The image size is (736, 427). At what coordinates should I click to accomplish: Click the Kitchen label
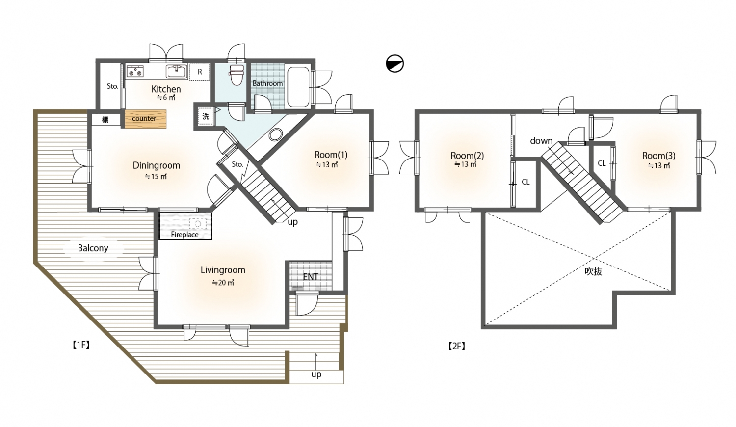click(x=166, y=89)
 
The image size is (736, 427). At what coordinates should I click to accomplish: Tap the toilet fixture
click(x=236, y=75)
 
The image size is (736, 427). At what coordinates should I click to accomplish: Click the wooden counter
click(x=146, y=119)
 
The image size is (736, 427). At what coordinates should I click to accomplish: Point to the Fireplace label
click(x=184, y=235)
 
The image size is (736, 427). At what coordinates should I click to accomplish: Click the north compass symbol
click(x=394, y=63)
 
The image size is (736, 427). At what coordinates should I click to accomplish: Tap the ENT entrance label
click(x=311, y=277)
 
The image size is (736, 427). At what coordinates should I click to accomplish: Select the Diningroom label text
click(x=157, y=165)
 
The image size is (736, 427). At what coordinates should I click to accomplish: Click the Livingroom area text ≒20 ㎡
click(x=223, y=283)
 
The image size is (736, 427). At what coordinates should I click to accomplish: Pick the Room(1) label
click(x=331, y=155)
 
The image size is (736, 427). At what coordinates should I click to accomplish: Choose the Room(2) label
click(x=467, y=156)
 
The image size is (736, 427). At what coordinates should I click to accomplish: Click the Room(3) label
click(x=659, y=156)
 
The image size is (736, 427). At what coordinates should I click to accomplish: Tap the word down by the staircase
click(x=541, y=141)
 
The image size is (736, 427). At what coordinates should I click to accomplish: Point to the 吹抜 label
click(x=593, y=271)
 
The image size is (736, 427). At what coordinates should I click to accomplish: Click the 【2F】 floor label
click(x=457, y=346)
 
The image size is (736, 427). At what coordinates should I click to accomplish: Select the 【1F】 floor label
click(x=81, y=345)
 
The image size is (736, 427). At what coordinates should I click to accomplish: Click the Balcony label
click(x=93, y=248)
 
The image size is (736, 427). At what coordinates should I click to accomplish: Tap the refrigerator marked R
click(x=199, y=72)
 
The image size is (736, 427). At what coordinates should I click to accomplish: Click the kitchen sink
click(x=177, y=72)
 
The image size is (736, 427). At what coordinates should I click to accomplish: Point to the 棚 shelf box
click(x=105, y=120)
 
